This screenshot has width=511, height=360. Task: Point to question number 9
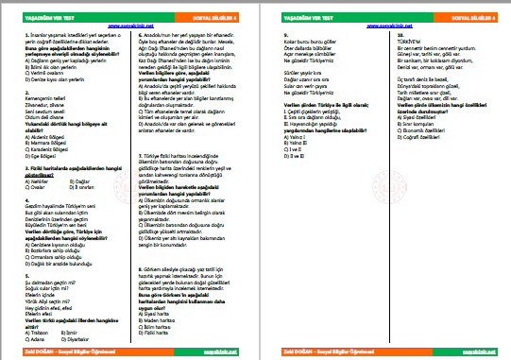[x=285, y=35]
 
